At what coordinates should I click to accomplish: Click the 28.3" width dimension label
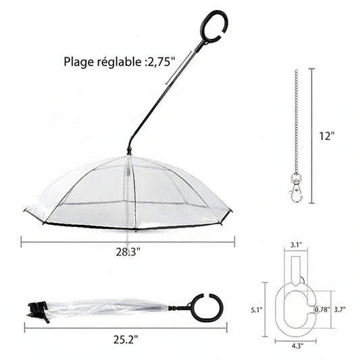click(128, 252)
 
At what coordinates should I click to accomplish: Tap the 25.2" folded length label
click(126, 340)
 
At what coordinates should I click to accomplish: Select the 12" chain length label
click(327, 136)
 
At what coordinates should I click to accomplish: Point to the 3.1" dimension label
click(297, 245)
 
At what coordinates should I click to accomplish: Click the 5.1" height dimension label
click(257, 310)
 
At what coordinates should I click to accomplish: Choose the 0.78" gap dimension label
click(322, 309)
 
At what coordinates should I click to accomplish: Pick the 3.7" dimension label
click(340, 309)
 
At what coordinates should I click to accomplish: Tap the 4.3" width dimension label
click(297, 346)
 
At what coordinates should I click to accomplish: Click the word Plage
click(79, 62)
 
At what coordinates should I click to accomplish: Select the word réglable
click(119, 61)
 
